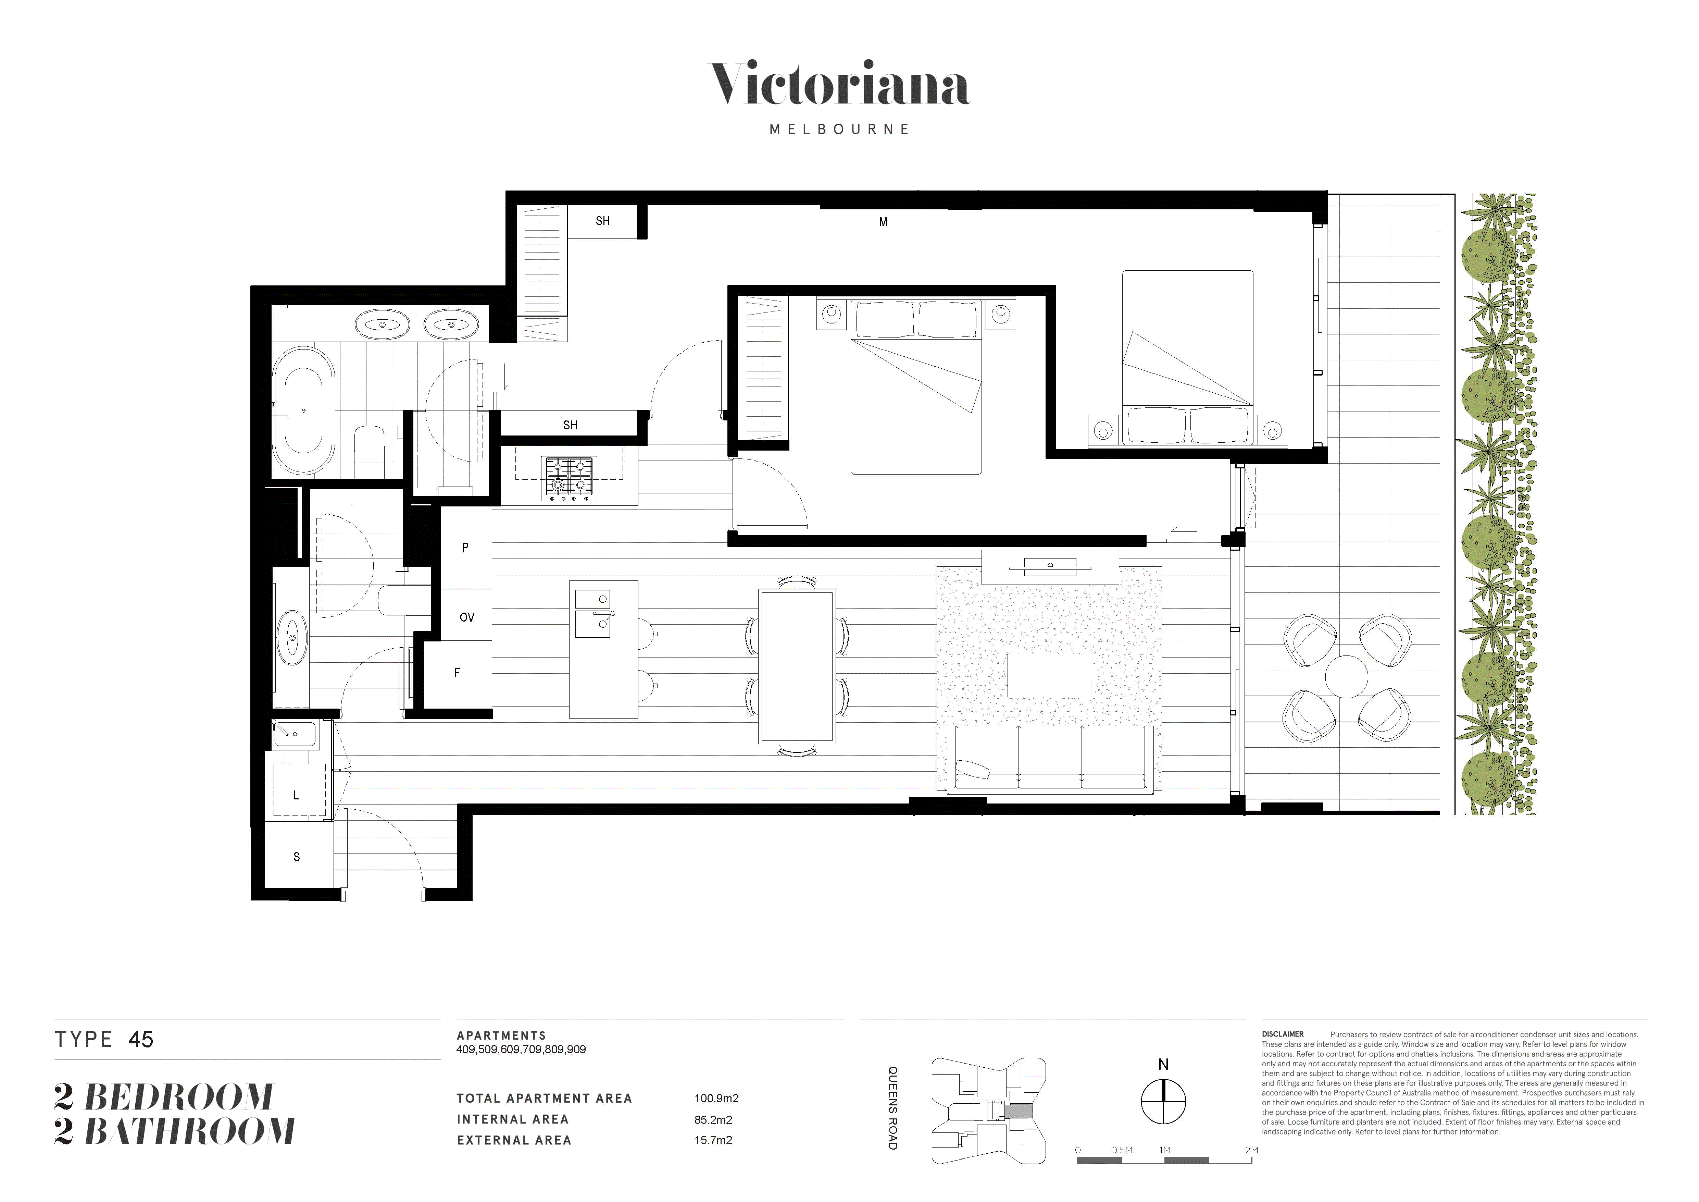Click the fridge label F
point(457,673)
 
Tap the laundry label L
point(296,796)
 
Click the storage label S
point(297,857)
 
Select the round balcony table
point(1347,676)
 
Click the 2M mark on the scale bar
point(1251,1150)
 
